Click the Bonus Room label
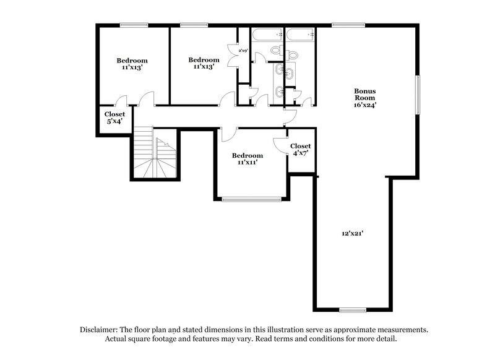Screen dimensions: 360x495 point(364,94)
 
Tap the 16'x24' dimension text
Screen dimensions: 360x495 point(364,105)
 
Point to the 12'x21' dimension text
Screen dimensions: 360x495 point(351,234)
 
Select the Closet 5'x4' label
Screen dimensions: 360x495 point(114,118)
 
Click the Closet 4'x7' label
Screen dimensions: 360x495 point(301,149)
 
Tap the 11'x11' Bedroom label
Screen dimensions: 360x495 point(247,159)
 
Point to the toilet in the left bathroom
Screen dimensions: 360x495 point(275,51)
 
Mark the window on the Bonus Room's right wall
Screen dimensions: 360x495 point(418,94)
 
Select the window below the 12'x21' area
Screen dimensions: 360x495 point(353,309)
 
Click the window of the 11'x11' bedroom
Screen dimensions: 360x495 point(251,199)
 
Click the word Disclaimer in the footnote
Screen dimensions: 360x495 point(99,330)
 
